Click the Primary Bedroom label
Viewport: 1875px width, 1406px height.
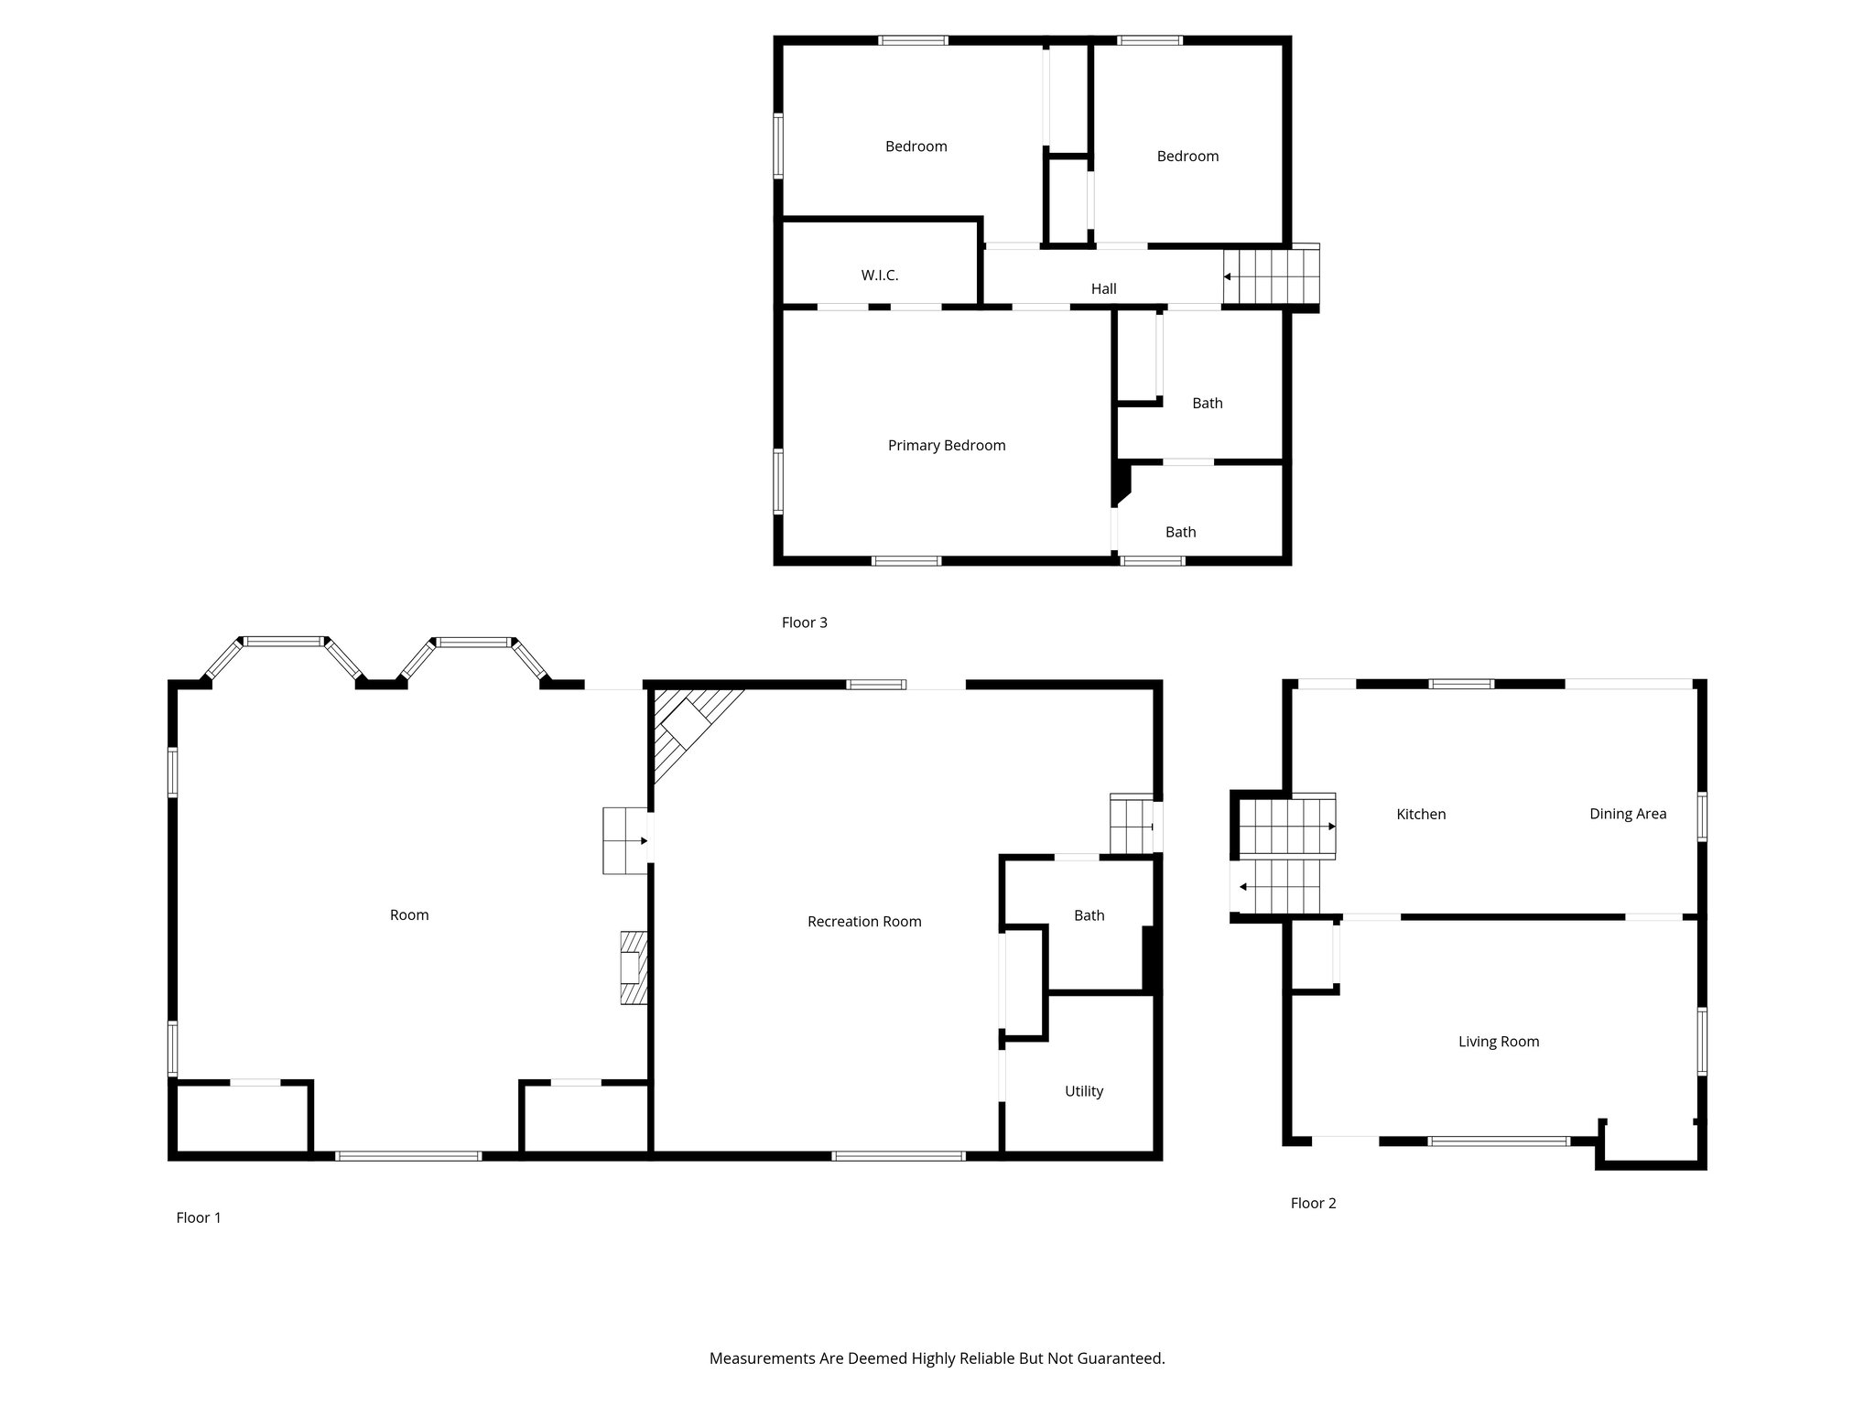tap(947, 446)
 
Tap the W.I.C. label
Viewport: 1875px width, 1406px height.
tap(880, 276)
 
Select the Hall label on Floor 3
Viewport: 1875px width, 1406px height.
tap(1103, 289)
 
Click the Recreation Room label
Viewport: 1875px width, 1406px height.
tap(864, 922)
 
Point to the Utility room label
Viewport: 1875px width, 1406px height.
tap(1084, 1091)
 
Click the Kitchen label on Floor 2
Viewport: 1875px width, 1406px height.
tap(1421, 814)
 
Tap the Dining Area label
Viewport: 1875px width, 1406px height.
tap(1628, 814)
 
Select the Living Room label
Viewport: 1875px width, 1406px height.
tap(1499, 1042)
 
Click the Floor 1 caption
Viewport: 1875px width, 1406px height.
tap(199, 1217)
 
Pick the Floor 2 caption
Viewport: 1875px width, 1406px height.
tap(1313, 1203)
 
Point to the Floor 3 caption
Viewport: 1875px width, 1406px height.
tap(804, 622)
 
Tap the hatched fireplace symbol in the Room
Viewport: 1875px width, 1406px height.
tap(634, 968)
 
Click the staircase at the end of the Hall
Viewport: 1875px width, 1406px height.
tap(1272, 276)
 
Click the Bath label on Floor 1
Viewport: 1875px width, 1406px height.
tap(1089, 915)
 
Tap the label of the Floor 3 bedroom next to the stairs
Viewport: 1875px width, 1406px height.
tap(1187, 157)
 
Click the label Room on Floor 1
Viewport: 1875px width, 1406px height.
tap(409, 915)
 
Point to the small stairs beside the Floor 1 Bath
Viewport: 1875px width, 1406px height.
tap(1131, 824)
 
